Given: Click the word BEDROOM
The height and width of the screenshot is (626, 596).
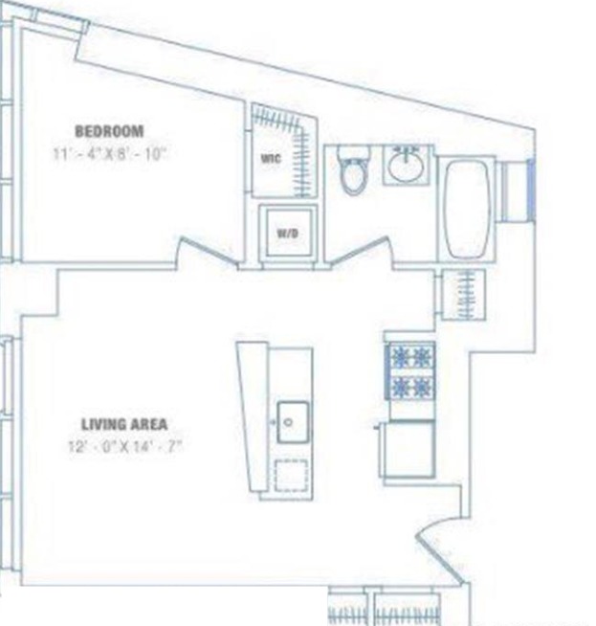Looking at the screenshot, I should (109, 130).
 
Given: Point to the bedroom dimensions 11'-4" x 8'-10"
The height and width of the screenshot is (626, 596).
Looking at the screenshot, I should (110, 152).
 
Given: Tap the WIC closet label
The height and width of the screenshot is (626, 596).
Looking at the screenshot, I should (270, 159).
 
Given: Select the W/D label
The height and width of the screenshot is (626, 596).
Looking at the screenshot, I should (286, 233).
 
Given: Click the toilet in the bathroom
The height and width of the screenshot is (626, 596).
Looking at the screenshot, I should (353, 172).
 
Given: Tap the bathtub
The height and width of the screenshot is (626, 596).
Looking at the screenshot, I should (467, 209).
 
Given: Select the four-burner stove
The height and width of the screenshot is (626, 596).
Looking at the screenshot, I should (409, 371).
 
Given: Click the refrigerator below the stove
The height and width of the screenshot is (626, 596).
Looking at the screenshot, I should (409, 450).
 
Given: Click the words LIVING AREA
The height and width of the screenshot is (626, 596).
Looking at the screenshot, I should (124, 424).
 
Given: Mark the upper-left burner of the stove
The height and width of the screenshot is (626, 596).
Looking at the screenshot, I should (399, 358).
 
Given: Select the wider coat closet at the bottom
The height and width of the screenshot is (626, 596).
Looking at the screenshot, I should (406, 610).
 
